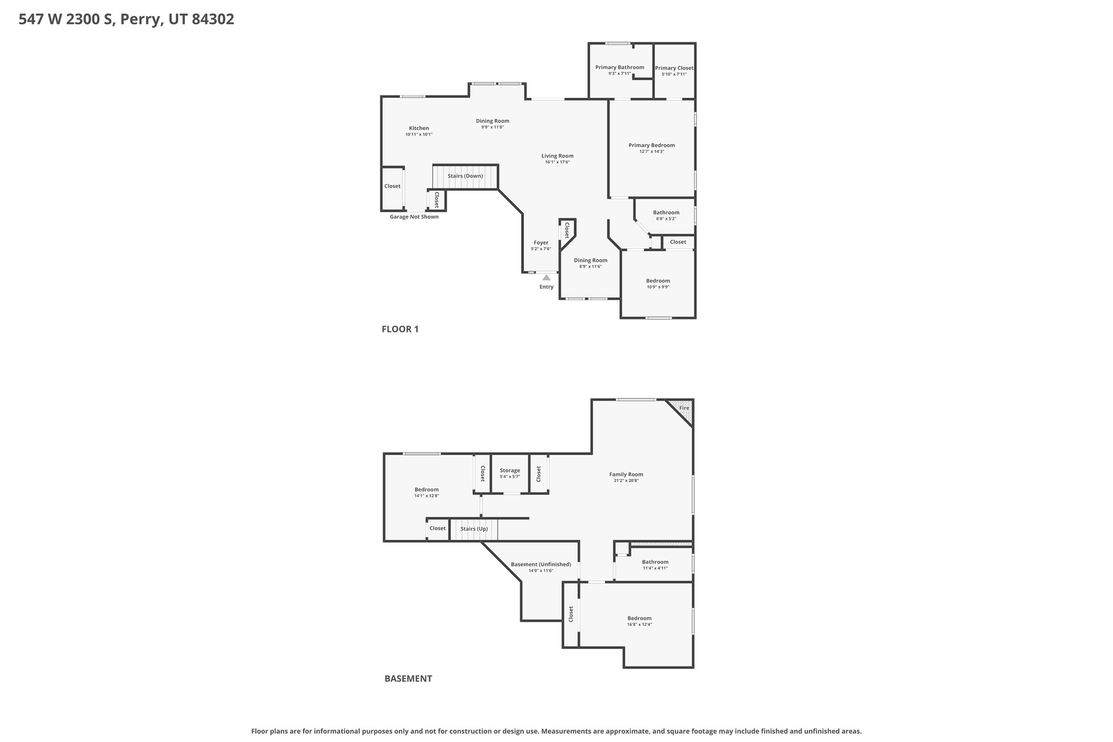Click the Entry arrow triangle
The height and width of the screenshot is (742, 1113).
546,278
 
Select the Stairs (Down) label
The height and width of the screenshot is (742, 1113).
465,176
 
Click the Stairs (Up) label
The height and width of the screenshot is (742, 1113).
474,529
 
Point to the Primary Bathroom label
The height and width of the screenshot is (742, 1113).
620,67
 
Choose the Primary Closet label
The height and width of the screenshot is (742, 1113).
674,68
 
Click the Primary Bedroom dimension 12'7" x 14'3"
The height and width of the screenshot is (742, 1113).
652,152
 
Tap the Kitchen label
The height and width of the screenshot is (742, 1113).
419,128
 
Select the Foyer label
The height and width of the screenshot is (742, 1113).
541,243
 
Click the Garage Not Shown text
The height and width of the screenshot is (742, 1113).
414,217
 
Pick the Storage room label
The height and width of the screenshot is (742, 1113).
510,471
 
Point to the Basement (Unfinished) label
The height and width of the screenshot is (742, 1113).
541,565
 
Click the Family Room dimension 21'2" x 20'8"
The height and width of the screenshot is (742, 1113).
626,481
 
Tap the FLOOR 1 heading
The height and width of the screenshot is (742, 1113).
400,329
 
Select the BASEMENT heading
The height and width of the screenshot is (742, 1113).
408,678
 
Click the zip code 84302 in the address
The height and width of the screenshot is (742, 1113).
213,20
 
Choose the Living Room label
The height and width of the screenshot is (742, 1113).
557,156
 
